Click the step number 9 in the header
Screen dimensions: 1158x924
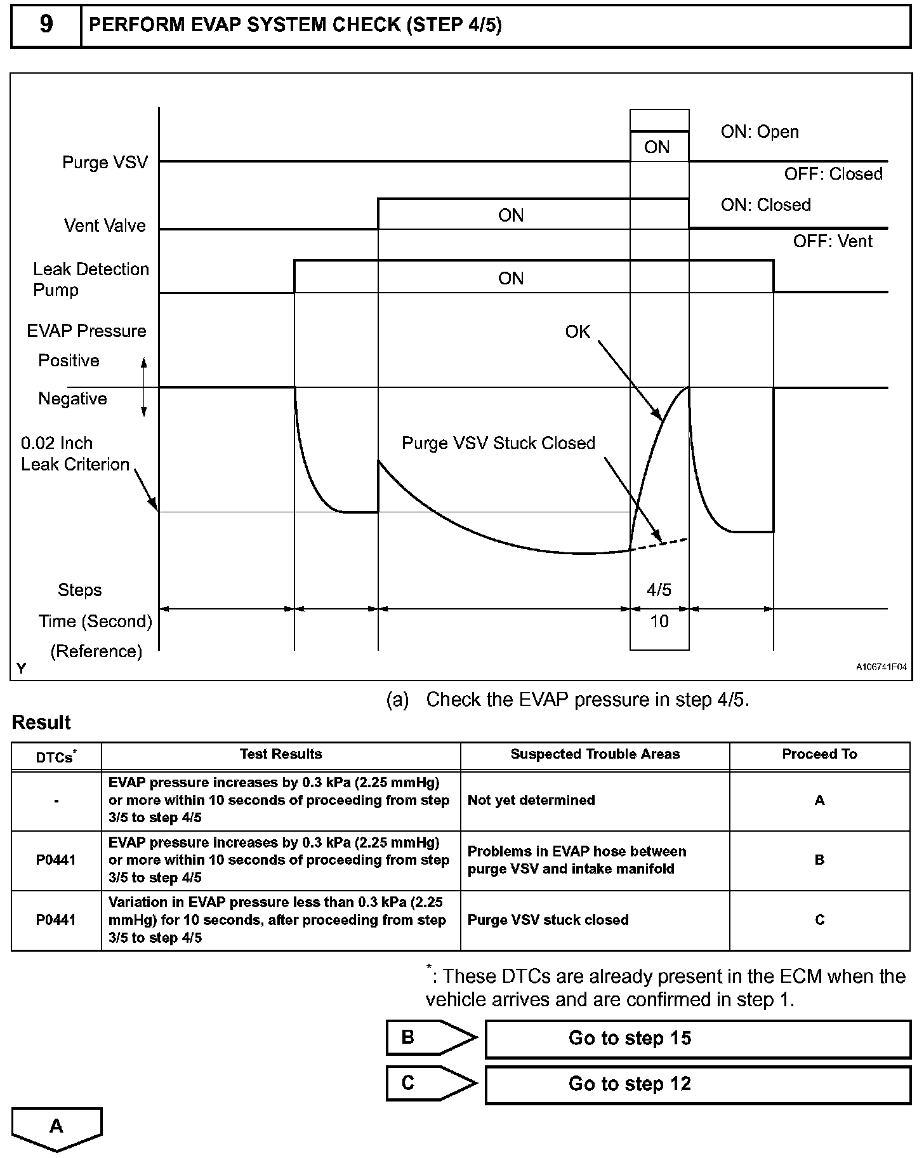point(46,25)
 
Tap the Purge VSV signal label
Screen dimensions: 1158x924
point(105,163)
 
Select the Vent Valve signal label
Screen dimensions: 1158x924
point(105,226)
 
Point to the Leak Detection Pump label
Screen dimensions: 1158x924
point(91,279)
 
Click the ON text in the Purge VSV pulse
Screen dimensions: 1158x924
point(657,147)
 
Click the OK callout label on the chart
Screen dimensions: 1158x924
point(577,332)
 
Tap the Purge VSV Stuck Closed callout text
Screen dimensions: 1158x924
point(498,443)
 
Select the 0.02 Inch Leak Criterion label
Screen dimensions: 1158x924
point(75,454)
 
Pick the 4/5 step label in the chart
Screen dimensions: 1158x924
point(659,590)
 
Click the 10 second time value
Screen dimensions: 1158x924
point(659,622)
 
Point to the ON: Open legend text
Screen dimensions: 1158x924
point(760,132)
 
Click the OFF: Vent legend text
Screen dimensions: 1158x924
point(833,241)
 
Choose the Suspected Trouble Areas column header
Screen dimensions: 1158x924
point(595,754)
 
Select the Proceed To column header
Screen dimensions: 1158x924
point(819,754)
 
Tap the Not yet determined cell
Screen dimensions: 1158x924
point(531,801)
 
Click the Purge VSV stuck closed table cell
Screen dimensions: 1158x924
point(548,921)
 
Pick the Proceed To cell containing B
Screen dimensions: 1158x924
point(819,860)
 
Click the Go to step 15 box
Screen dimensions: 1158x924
point(697,1039)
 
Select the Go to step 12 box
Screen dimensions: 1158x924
point(697,1084)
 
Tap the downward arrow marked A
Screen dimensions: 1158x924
point(56,1128)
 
